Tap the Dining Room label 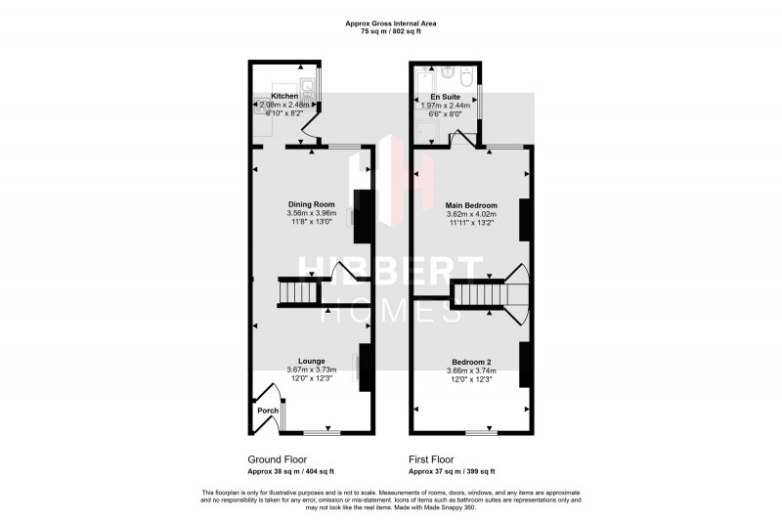tap(305, 204)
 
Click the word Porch tap(268, 411)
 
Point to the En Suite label tap(445, 98)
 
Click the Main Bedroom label tap(471, 205)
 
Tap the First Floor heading tap(431, 459)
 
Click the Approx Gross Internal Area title tap(391, 23)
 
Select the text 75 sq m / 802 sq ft tap(391, 32)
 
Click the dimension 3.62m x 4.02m tap(471, 214)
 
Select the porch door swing tap(268, 396)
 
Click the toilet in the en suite tap(465, 75)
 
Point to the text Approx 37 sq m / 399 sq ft tap(452, 470)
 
